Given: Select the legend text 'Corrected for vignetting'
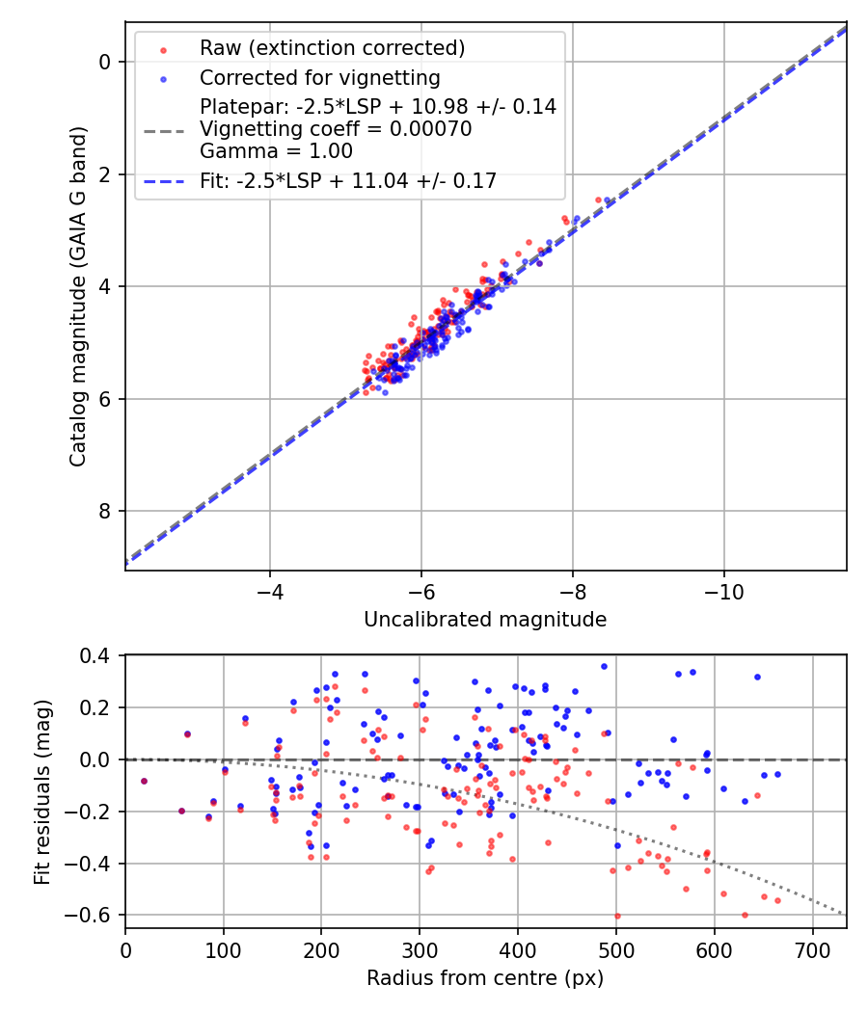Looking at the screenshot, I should (x=319, y=78).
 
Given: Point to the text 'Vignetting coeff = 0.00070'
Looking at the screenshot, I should (x=336, y=129).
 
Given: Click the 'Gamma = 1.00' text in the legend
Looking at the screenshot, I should (x=276, y=151).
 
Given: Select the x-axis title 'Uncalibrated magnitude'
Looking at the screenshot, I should (x=485, y=620).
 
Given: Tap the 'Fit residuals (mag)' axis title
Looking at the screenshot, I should (x=42, y=791).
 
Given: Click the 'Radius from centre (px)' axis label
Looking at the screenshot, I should (x=485, y=977).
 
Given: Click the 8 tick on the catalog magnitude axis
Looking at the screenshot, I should (x=106, y=511).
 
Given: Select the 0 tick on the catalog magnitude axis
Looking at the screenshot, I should (x=106, y=62).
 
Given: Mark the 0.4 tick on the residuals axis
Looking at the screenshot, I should (x=100, y=655).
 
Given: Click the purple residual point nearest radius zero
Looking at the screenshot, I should (x=144, y=781).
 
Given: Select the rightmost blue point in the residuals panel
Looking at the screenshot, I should (x=777, y=774).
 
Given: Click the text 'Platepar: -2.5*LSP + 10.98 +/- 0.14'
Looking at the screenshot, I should (x=378, y=107).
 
